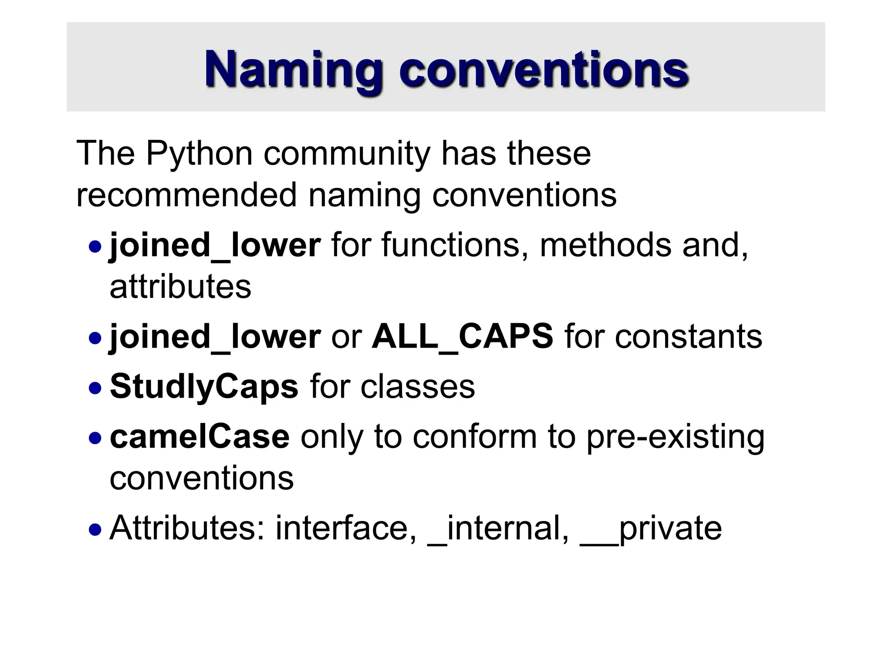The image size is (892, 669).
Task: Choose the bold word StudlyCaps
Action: tap(204, 386)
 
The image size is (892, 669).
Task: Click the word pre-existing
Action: tap(675, 437)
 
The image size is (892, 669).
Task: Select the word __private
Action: tap(651, 529)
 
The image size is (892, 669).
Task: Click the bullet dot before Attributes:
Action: tap(95, 530)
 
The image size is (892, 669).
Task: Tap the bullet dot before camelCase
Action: tap(95, 438)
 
